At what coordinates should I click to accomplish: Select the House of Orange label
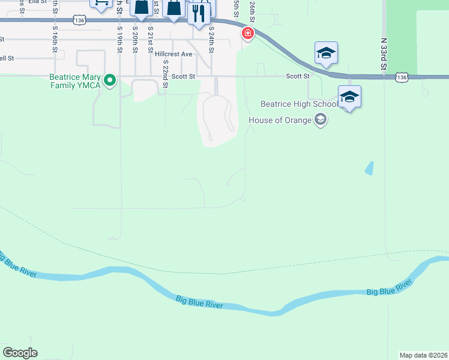pyautogui.click(x=280, y=120)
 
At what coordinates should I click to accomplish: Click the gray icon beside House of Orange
pyautogui.click(x=321, y=120)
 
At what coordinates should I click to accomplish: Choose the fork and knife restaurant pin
pyautogui.click(x=199, y=13)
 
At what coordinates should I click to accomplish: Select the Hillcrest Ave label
pyautogui.click(x=173, y=54)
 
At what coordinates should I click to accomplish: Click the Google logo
pyautogui.click(x=20, y=353)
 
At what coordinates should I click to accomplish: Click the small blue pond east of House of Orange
pyautogui.click(x=369, y=168)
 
